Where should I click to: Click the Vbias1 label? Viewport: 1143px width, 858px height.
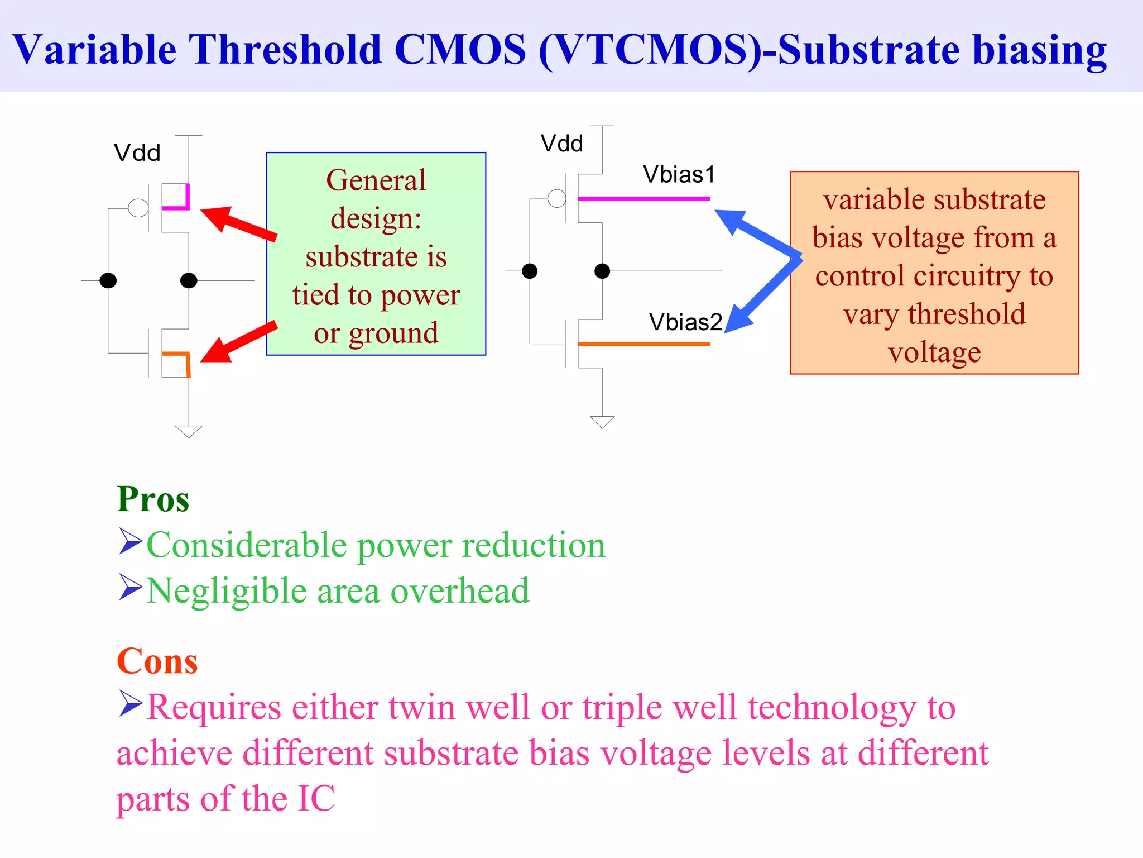pos(679,175)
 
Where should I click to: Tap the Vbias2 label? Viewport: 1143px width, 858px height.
pos(685,322)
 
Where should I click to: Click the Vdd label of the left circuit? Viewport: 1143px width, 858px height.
pos(137,153)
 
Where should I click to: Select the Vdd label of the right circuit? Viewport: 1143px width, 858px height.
pos(561,144)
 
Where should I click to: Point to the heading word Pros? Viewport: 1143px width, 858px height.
pos(153,499)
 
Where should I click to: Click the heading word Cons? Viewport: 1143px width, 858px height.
pos(157,661)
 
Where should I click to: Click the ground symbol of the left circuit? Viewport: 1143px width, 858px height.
pos(189,431)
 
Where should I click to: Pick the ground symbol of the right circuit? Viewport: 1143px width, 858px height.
pos(602,422)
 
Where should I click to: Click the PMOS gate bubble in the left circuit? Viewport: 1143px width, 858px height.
pos(138,208)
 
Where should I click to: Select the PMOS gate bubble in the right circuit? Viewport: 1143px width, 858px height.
pos(556,198)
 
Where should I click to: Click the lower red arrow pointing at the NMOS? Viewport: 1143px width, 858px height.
pos(237,342)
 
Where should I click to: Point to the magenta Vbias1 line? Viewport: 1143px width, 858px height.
pos(644,198)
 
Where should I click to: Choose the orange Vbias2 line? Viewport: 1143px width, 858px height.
pos(644,344)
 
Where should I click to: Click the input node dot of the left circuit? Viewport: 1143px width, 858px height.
pos(108,280)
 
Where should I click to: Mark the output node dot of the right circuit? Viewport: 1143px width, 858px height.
pos(602,271)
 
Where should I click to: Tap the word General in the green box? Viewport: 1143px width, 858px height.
pos(376,180)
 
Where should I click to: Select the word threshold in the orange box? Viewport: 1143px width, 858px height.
pos(967,314)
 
